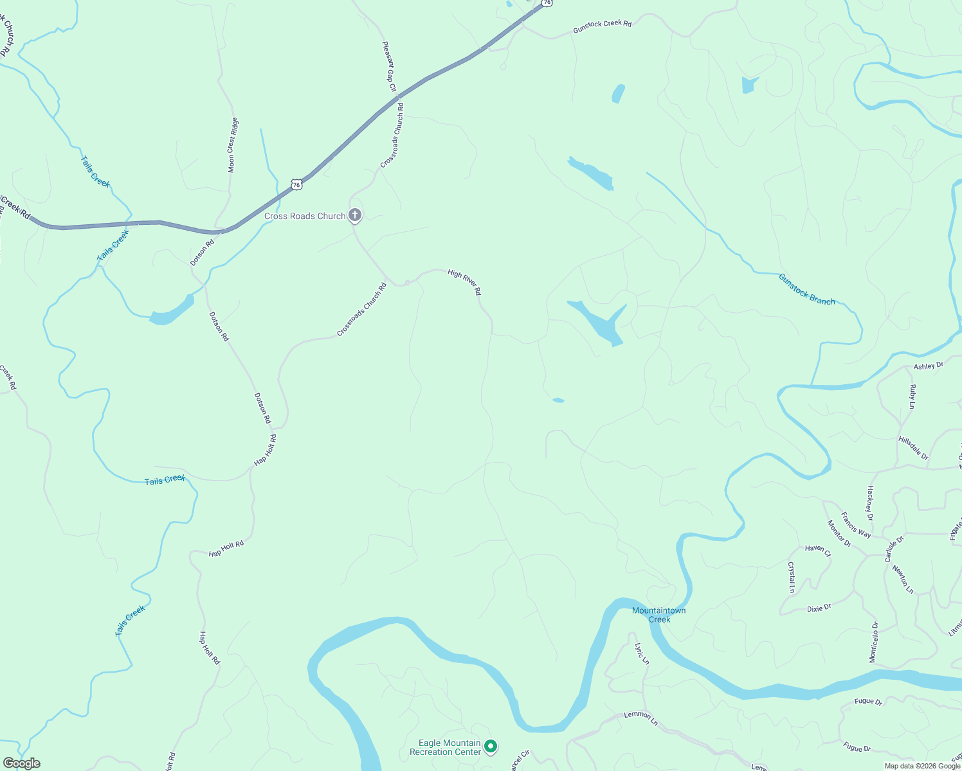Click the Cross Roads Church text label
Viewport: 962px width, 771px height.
coord(305,217)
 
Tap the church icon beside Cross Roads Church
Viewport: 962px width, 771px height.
coord(355,215)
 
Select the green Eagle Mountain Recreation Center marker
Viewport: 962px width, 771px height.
coord(491,747)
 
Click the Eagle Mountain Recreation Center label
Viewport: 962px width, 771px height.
coord(446,747)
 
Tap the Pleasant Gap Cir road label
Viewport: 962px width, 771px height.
coord(390,67)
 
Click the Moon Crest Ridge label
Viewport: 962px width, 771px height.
coord(233,145)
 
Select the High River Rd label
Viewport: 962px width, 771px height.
coord(464,281)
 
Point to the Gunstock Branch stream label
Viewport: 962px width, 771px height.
coord(806,289)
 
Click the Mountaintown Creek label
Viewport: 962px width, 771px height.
coord(659,615)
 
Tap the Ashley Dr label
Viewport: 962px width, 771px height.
coord(929,366)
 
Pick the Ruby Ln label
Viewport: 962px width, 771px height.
coord(912,396)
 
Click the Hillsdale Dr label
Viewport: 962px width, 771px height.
coord(913,448)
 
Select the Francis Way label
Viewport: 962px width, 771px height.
coord(856,525)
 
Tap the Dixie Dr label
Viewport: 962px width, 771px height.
coord(819,608)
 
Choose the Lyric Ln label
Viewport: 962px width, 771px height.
coord(642,653)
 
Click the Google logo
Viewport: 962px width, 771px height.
coord(21,763)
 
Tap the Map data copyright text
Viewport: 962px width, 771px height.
coord(921,766)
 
